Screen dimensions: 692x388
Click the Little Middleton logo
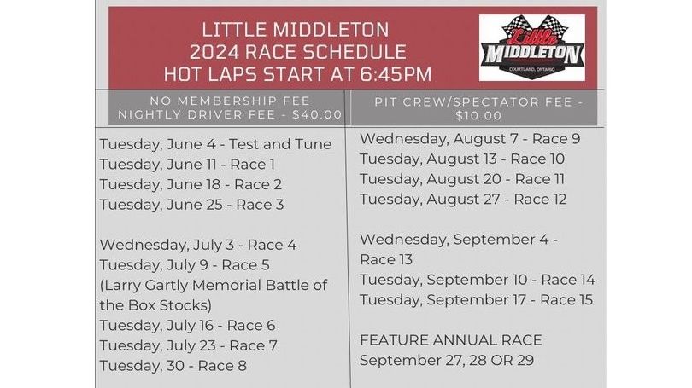[531, 48]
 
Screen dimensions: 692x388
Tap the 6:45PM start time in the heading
[396, 74]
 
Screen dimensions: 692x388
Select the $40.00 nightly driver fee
[317, 114]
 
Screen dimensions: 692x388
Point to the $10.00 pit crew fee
[478, 116]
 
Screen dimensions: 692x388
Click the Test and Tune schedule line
[215, 144]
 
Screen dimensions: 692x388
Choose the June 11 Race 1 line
[187, 165]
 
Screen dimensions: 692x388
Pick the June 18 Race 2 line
[191, 184]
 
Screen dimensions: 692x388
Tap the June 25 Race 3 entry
[191, 205]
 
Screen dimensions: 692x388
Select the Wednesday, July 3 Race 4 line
[197, 245]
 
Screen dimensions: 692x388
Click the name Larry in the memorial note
[122, 286]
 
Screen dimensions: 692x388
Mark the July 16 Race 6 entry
[188, 326]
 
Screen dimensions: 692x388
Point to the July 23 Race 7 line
[189, 345]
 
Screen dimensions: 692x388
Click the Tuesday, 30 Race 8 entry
[173, 366]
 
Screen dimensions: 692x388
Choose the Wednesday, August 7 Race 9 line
[470, 139]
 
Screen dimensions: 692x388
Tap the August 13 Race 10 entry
[462, 159]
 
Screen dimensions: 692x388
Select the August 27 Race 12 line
[463, 199]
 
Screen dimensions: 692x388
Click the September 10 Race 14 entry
[478, 280]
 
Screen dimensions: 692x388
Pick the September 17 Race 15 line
[476, 300]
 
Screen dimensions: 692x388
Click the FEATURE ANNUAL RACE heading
[450, 340]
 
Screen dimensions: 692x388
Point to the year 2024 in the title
[214, 52]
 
